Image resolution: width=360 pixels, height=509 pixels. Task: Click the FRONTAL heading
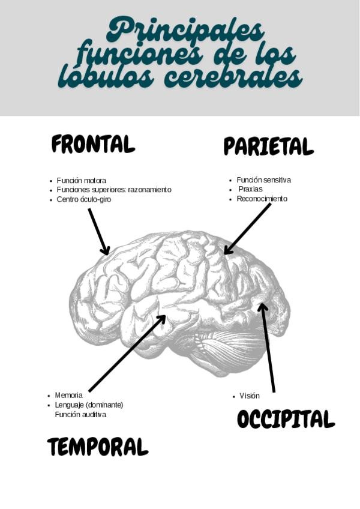pos(93,144)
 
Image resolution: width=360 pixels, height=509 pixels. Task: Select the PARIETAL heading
pos(268,146)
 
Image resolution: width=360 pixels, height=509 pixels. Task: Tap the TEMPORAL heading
pos(97,447)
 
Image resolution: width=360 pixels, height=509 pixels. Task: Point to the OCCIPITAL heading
pos(286,419)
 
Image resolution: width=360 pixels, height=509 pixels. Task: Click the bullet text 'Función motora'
pos(82,180)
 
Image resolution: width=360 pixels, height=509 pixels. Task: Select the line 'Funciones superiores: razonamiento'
pos(114,190)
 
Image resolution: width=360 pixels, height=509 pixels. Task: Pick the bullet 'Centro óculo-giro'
pos(84,199)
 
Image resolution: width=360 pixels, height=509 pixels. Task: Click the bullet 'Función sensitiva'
pos(264,180)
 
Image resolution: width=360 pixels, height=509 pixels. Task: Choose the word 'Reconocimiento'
pos(262,199)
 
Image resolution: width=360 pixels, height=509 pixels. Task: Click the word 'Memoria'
pos(69,396)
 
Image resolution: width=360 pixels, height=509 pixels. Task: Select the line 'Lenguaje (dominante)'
pos(89,405)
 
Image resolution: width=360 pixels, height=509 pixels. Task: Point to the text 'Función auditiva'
pos(80,414)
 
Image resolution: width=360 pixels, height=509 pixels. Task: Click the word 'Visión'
pos(250,396)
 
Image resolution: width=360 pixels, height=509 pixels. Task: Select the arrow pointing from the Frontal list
pos(99,232)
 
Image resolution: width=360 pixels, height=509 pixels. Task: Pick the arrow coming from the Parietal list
pos(247,229)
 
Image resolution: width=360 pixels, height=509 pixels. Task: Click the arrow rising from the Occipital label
pos(268,348)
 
